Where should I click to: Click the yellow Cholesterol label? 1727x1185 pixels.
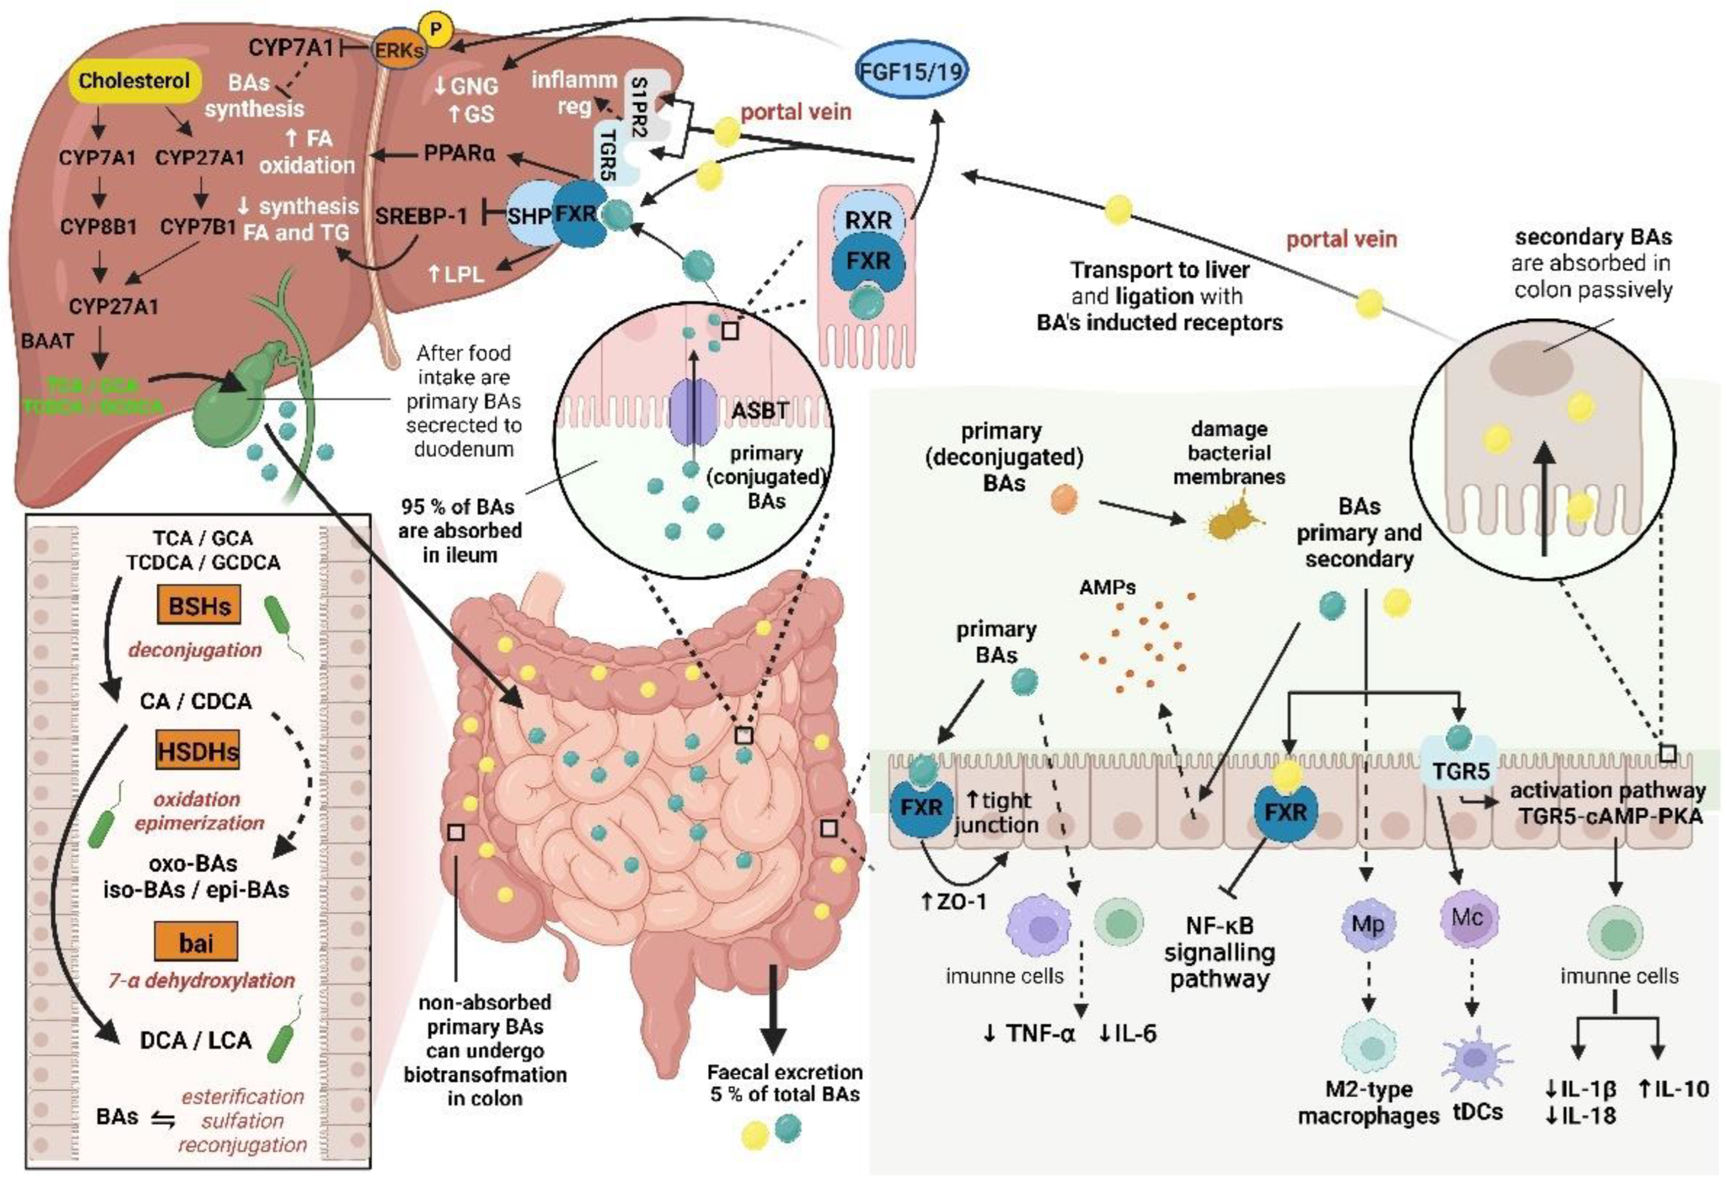[134, 80]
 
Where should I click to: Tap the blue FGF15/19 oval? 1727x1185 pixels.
[911, 71]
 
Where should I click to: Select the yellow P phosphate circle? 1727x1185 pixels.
[436, 29]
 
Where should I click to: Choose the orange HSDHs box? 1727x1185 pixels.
[198, 751]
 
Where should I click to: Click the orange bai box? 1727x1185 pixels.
[196, 943]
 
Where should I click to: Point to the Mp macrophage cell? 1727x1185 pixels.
[1367, 924]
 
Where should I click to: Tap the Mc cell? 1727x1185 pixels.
[1468, 918]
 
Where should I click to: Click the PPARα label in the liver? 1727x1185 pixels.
[459, 153]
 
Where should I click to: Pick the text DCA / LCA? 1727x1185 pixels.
[196, 1040]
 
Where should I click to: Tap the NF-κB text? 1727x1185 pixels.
[1219, 925]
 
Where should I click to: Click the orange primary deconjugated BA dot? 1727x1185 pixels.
[1064, 499]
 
